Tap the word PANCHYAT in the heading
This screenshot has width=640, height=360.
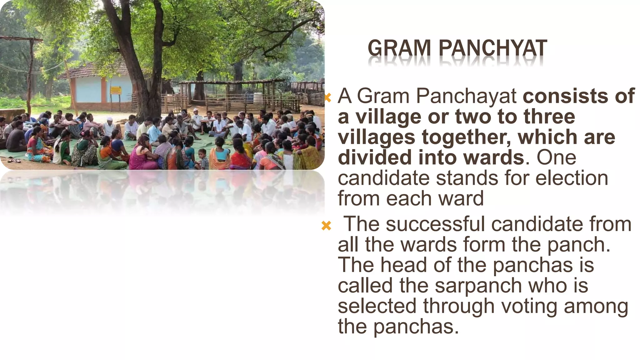point(493,48)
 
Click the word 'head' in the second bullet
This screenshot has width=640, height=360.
point(403,265)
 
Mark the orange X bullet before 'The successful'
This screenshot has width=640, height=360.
point(326,225)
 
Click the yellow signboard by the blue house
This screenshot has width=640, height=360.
point(116,90)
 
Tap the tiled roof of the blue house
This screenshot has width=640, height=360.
point(94,70)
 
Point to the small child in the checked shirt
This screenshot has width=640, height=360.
point(203,159)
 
